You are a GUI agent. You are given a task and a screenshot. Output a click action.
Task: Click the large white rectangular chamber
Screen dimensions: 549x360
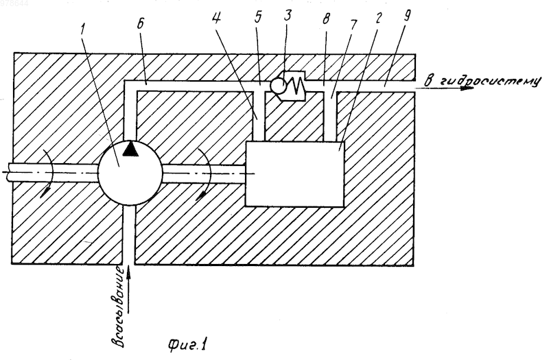coord(295,174)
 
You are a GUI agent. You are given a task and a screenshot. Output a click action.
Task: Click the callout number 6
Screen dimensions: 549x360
coord(141,25)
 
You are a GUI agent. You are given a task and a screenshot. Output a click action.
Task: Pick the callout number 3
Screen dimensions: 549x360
coord(288,15)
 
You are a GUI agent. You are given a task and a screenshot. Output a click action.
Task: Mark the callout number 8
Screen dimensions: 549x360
coord(327,19)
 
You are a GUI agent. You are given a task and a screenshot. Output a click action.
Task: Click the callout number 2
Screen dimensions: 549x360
coord(378,18)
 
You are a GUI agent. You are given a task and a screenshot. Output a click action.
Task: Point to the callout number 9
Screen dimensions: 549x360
coord(406,15)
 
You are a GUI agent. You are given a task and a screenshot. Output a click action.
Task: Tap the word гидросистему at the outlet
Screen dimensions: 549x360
coord(489,81)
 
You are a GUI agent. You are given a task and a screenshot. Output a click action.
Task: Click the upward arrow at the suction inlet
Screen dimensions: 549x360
coord(129,289)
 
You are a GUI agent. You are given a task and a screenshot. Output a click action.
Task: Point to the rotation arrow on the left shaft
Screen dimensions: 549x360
coord(47,173)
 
